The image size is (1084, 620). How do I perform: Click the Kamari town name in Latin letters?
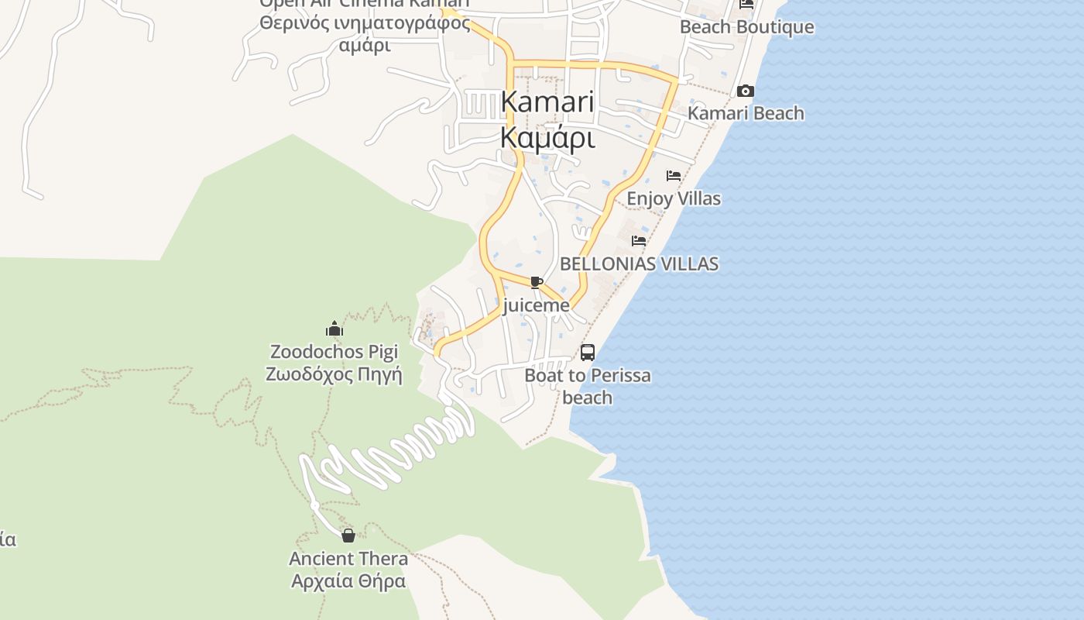pos(547,102)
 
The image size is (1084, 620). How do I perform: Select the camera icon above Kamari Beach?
pos(746,91)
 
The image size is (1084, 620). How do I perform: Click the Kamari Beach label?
pos(746,113)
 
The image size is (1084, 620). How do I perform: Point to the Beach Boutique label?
pos(746,27)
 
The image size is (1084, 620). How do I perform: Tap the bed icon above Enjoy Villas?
pos(674,176)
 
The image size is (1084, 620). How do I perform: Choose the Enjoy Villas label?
pos(673,198)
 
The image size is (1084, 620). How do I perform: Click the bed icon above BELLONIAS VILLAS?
pos(639,241)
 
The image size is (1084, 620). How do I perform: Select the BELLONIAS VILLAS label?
pos(639,263)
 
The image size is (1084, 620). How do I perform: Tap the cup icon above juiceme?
pos(536,282)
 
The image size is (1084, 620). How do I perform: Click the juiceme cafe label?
pos(536,305)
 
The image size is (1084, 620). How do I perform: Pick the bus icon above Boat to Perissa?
pos(588,353)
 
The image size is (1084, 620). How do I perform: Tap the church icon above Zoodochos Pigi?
pos(334,329)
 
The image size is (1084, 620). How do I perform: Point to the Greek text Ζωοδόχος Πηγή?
pos(334,375)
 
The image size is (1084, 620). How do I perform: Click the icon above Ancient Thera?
pos(348,535)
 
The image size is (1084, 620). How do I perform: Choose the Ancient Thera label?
pos(348,559)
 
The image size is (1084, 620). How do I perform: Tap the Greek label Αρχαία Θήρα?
pos(348,581)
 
